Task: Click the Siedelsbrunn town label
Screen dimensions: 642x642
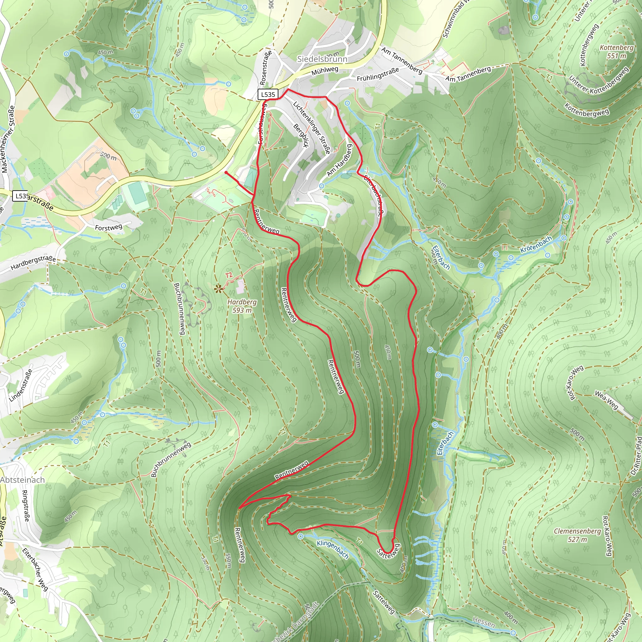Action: coord(322,59)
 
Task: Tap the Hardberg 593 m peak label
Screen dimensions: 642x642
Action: coord(242,306)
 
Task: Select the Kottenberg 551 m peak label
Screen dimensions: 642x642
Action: coord(616,51)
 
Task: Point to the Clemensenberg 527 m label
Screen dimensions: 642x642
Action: coord(577,535)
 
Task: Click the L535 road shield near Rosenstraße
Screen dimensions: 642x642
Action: coord(268,94)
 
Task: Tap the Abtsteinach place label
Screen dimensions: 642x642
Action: coord(22,480)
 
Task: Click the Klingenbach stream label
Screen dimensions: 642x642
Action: coord(332,549)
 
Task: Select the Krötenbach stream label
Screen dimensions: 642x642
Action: coord(536,244)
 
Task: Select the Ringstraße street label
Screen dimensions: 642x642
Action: coord(25,506)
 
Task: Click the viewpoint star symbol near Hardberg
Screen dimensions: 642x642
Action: coord(218,289)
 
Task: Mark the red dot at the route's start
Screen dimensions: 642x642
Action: coord(226,172)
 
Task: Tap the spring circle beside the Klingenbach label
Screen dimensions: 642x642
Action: coord(300,537)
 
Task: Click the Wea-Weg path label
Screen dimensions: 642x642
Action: coord(606,400)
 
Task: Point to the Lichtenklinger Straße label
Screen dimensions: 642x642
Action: coord(311,128)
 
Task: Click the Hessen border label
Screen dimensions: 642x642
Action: coord(483,622)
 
